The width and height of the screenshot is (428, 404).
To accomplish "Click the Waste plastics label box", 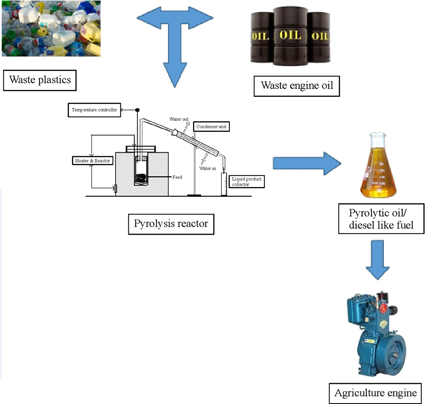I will click(40, 80).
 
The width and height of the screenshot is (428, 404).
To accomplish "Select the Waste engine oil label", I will click(297, 86).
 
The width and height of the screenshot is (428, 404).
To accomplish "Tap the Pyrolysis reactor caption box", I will click(171, 223).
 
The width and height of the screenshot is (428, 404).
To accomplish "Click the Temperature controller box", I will click(94, 110).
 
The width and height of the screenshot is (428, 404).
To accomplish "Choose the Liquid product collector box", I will click(246, 181).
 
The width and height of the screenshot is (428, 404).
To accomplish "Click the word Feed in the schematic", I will click(177, 177).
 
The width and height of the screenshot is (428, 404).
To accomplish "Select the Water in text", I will click(208, 169).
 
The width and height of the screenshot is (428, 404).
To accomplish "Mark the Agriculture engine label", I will click(375, 392).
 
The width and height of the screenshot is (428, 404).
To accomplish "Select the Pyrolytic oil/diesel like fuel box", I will click(381, 219).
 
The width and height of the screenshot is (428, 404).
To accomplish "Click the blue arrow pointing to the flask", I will click(306, 163).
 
